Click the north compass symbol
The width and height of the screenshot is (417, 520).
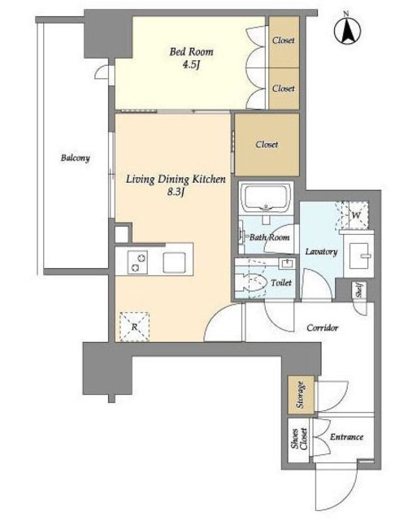point(347,30)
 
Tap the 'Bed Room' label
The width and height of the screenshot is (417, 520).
point(191,52)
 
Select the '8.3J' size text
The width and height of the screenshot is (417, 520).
point(176,192)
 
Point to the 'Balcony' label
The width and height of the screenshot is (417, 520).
point(76,158)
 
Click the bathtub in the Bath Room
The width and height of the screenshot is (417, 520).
point(266,198)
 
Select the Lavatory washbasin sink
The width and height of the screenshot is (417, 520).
point(360,255)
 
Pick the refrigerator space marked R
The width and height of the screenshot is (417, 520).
point(134,327)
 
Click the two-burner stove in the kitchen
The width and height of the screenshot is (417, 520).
point(137,262)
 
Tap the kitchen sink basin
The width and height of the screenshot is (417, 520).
point(174,262)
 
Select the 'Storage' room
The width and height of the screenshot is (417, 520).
point(301,395)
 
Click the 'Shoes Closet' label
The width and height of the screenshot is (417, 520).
point(299,440)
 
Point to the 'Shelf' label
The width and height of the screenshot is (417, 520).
point(359,290)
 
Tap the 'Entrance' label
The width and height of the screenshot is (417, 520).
point(346,437)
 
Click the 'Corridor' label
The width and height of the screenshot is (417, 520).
point(322,327)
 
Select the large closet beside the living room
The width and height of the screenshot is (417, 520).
point(267,145)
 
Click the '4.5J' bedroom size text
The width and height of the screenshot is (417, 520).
point(191,65)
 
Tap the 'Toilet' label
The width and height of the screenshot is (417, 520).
point(281,283)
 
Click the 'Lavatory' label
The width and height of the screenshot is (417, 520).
point(321,252)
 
